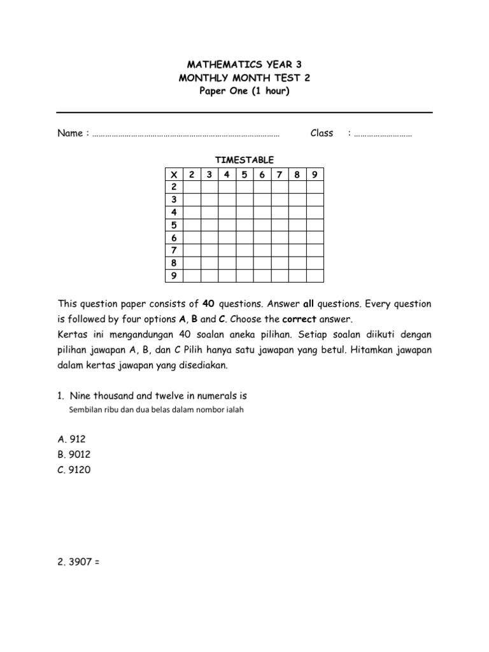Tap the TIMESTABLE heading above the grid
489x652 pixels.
[x=244, y=160]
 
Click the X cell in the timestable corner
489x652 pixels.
[x=173, y=174]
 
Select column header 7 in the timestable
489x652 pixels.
[x=280, y=174]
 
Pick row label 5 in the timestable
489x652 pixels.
[x=173, y=225]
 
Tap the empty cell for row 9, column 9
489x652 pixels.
[x=315, y=276]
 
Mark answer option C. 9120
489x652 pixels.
[x=74, y=470]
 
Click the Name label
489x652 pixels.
[x=70, y=133]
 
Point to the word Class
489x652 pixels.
[x=322, y=133]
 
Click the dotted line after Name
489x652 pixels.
[x=186, y=135]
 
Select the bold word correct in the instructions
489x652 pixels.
[x=299, y=318]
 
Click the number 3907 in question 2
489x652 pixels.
[x=80, y=562]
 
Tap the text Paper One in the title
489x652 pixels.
[x=222, y=90]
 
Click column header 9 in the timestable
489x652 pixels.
[x=315, y=174]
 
